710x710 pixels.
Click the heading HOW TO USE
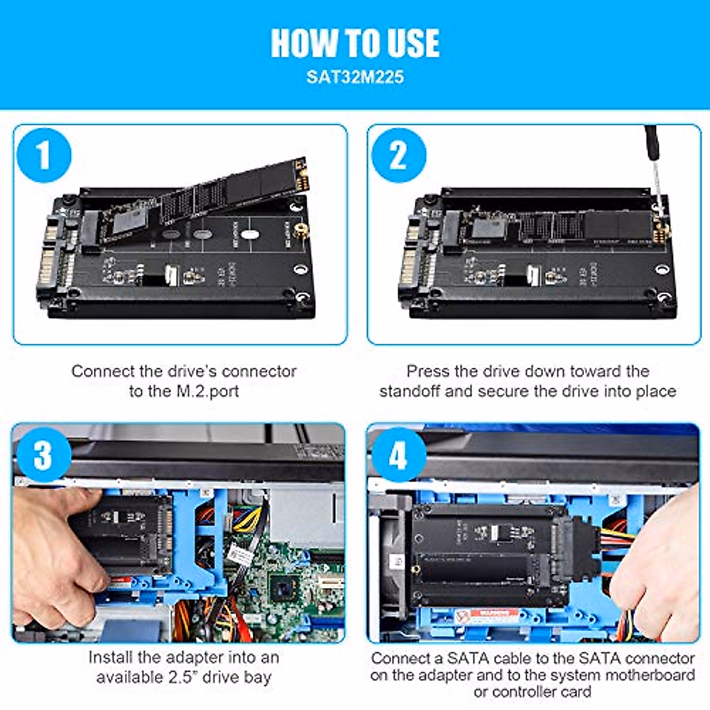(355, 43)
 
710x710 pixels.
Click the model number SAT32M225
(355, 77)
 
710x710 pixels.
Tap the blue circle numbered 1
(44, 156)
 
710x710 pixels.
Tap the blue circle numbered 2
(398, 156)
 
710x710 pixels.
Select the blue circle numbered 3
(43, 455)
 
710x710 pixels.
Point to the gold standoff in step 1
(301, 229)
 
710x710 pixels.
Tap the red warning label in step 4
(491, 616)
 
